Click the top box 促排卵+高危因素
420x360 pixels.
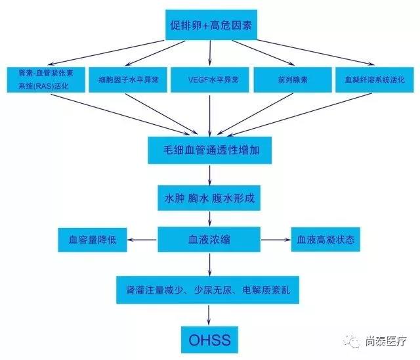coord(211,25)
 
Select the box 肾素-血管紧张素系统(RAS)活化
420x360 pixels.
coord(46,79)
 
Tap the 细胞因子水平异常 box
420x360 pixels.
coord(128,79)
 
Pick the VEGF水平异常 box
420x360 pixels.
coord(210,79)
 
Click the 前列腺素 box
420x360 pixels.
coord(293,79)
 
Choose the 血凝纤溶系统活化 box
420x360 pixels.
coord(375,79)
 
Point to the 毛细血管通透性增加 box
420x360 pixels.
coord(210,150)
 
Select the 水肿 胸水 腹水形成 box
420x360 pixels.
coord(209,198)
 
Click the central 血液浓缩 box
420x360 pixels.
coord(209,239)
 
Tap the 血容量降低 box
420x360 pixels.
coord(93,240)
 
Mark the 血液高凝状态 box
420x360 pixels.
coord(325,239)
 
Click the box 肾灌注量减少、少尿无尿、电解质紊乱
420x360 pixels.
coord(207,290)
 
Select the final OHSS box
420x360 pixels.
coord(209,340)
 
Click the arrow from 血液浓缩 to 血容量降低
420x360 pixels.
coord(142,240)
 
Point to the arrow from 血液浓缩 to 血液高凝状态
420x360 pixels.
coord(276,240)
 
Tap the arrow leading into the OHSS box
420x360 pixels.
coord(209,315)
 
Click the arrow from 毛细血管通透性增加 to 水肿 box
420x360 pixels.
coord(210,175)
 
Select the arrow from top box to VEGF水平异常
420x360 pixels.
coord(210,53)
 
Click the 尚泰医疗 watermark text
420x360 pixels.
coord(386,341)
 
